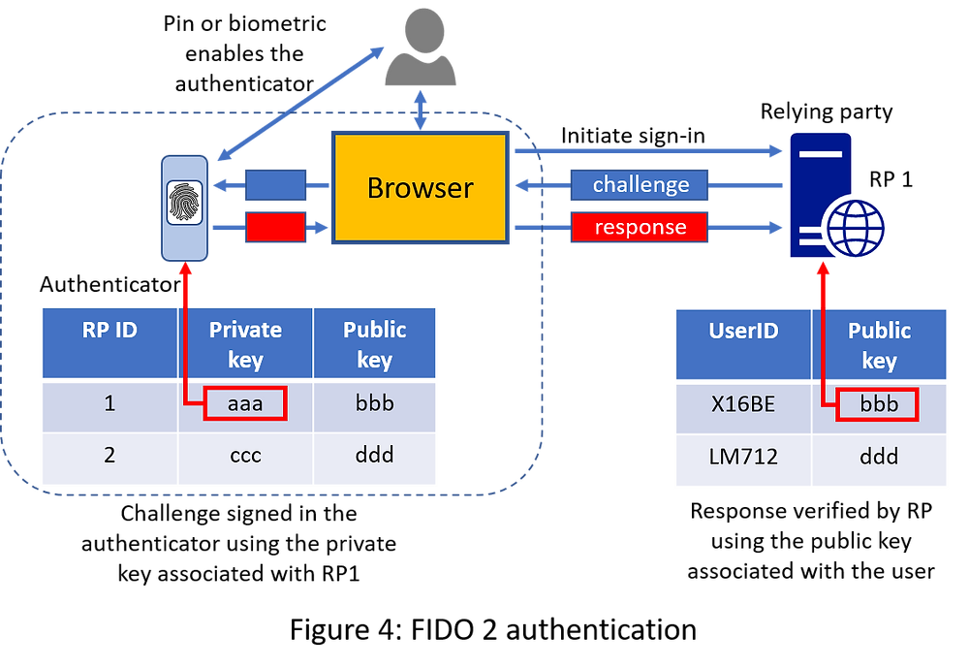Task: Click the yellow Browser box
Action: tap(420, 186)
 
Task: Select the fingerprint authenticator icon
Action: tap(184, 205)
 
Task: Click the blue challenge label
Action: tap(641, 184)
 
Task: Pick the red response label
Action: tap(640, 228)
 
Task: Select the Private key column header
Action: tap(245, 344)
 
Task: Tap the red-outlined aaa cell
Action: tap(245, 403)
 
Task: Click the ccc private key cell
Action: tap(245, 454)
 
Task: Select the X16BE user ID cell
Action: tap(743, 404)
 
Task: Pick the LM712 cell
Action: tap(743, 456)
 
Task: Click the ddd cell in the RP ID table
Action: tap(374, 454)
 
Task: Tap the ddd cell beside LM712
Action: tap(880, 456)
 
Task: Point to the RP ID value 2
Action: tap(109, 454)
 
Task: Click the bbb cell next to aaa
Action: tap(374, 403)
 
